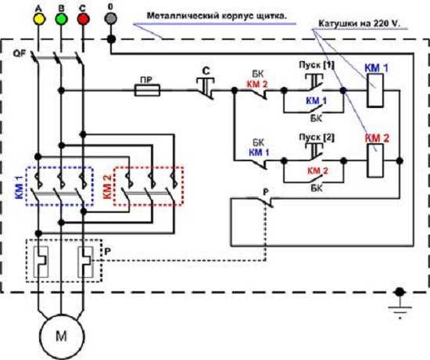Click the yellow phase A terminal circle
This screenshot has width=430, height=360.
click(x=38, y=19)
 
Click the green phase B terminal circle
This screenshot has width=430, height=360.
click(x=61, y=19)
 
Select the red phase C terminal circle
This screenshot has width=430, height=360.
click(x=83, y=19)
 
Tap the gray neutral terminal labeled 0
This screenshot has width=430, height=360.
click(x=110, y=19)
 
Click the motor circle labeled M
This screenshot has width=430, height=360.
click(x=62, y=337)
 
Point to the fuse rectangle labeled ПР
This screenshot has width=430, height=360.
click(x=147, y=90)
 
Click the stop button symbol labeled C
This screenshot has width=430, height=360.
click(x=206, y=88)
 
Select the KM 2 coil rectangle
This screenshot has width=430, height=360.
click(x=375, y=160)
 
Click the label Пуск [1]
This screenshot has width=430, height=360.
click(x=317, y=66)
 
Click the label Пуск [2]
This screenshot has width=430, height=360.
click(x=317, y=137)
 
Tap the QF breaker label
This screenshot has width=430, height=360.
click(x=20, y=53)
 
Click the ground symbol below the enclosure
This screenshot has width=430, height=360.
click(x=400, y=304)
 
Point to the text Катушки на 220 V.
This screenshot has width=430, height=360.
click(x=360, y=23)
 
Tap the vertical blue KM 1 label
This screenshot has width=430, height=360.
click(x=20, y=188)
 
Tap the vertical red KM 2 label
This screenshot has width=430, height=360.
click(x=107, y=188)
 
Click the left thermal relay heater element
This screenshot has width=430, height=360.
click(x=41, y=261)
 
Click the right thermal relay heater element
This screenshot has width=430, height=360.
click(x=85, y=261)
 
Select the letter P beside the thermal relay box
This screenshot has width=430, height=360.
click(x=108, y=251)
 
